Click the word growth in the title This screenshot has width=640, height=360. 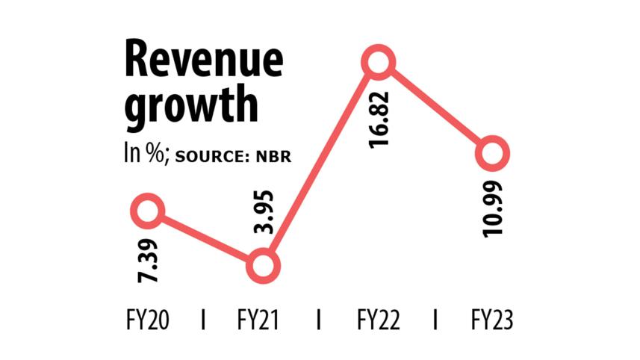(190, 105)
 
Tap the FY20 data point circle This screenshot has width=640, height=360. (148, 211)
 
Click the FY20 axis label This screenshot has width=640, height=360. (148, 321)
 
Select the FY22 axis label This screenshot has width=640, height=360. (378, 321)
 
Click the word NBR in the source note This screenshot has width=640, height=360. (272, 157)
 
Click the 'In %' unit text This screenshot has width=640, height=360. (146, 155)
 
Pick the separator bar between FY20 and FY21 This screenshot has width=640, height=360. (205, 321)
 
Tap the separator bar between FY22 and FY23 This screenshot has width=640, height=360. (435, 321)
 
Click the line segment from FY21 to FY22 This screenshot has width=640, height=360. (321, 164)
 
